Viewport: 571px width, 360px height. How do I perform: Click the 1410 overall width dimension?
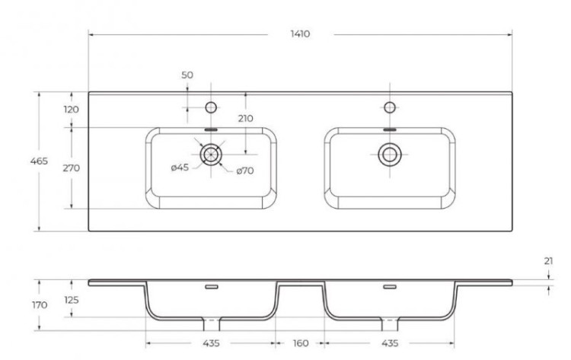point(299,34)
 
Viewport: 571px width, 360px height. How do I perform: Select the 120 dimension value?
point(72,110)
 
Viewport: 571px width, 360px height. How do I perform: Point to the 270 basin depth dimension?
point(72,167)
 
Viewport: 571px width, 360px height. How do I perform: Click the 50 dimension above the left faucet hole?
point(187,75)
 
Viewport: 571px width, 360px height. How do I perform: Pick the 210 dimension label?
point(245,118)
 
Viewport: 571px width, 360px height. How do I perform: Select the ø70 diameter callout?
point(244,170)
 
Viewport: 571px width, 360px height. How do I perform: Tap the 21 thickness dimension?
point(549,261)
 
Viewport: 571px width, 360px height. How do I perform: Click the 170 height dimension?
point(40,304)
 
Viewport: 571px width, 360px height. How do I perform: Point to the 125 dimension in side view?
point(72,300)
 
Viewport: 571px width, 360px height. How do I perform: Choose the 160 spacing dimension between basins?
point(299,343)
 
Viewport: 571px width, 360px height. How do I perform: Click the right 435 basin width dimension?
point(390,343)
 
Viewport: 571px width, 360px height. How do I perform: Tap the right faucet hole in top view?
point(390,105)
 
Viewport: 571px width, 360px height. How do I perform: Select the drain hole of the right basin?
point(390,155)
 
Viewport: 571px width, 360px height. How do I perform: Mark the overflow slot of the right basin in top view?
point(390,130)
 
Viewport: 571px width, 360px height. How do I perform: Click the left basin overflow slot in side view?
point(211,286)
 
